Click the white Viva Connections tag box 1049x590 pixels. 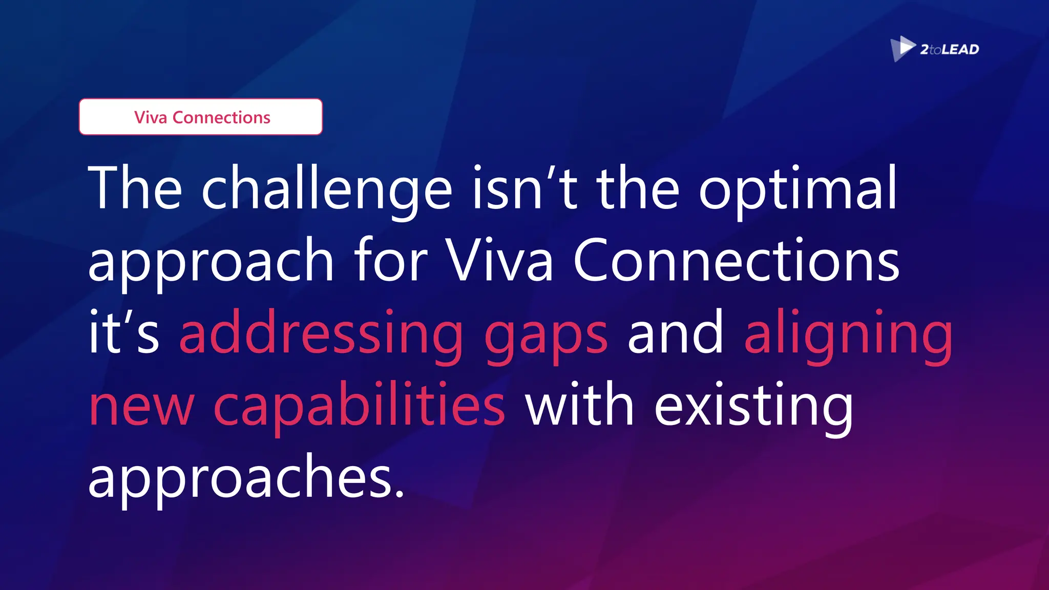pos(201,117)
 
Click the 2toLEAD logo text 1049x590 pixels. pos(949,50)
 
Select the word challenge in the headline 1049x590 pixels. pos(327,188)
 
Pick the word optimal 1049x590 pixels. pos(798,188)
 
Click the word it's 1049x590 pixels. pos(123,332)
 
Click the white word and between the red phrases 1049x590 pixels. pos(676,332)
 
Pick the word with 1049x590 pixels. pos(579,405)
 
